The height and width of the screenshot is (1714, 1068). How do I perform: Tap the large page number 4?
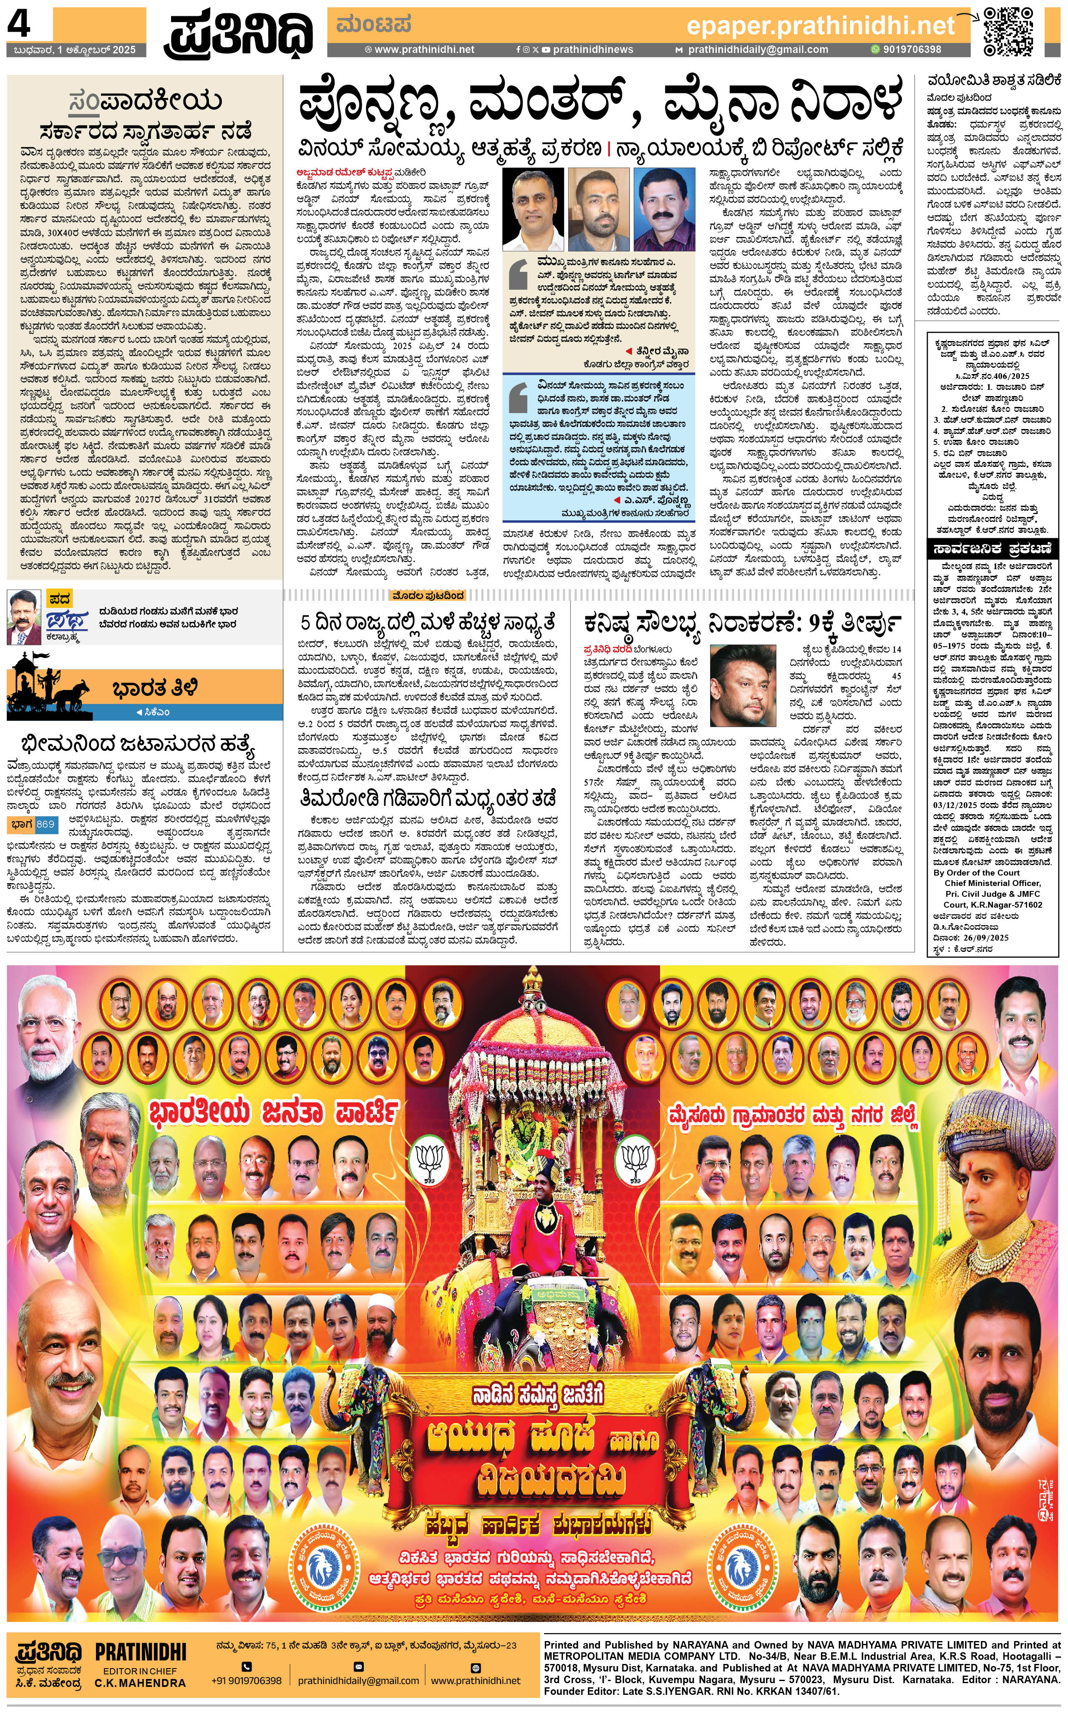point(19,25)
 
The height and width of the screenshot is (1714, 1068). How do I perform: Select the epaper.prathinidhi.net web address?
point(820,26)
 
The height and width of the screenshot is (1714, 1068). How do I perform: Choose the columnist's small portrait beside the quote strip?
point(24,616)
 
